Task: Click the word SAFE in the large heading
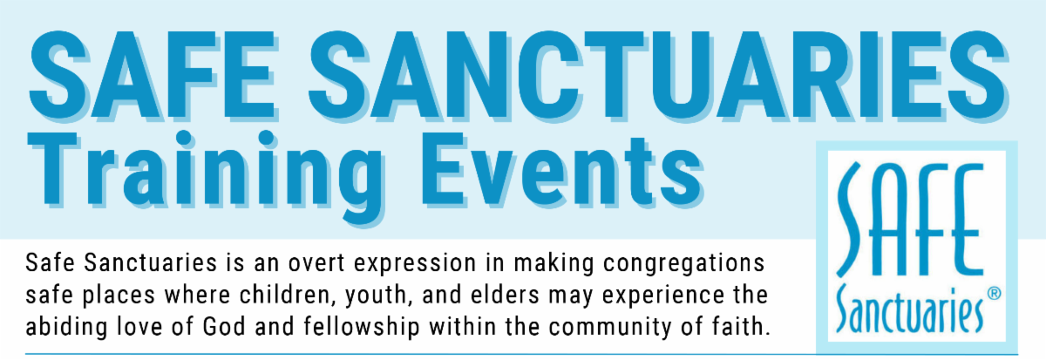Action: click(x=153, y=75)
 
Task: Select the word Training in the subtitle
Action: click(x=207, y=176)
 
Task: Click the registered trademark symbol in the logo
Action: click(x=995, y=293)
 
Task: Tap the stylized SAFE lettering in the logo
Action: click(x=907, y=220)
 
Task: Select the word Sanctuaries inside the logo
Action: click(x=909, y=309)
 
